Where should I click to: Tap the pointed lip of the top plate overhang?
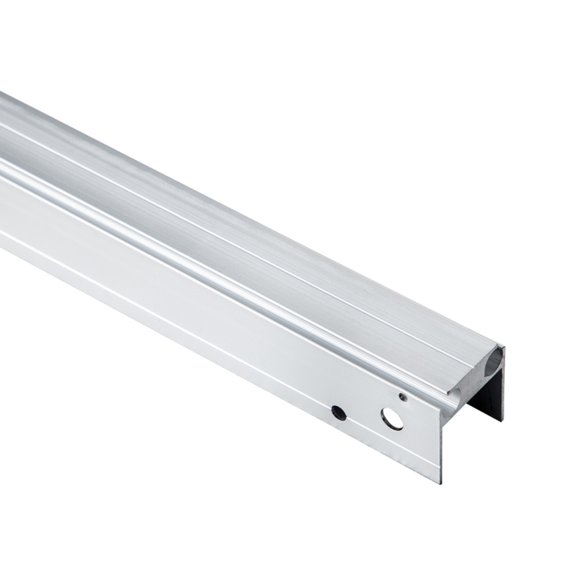(x=448, y=394)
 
